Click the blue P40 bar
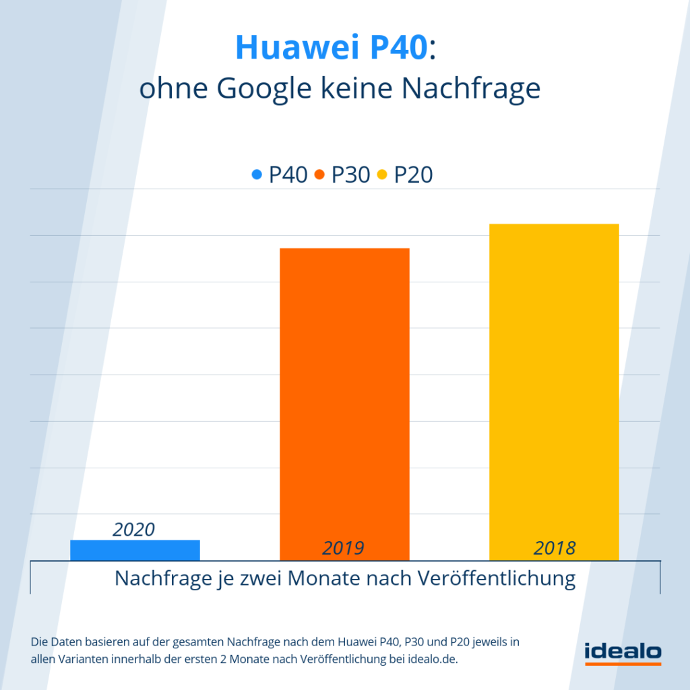click(135, 550)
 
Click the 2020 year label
click(133, 530)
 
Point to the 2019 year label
click(343, 548)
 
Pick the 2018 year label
click(555, 548)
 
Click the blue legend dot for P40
click(257, 175)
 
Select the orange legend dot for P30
click(319, 175)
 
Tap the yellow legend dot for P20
click(381, 175)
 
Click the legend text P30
click(350, 175)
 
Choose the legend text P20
click(413, 175)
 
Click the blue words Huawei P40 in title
click(332, 48)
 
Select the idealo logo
click(623, 653)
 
